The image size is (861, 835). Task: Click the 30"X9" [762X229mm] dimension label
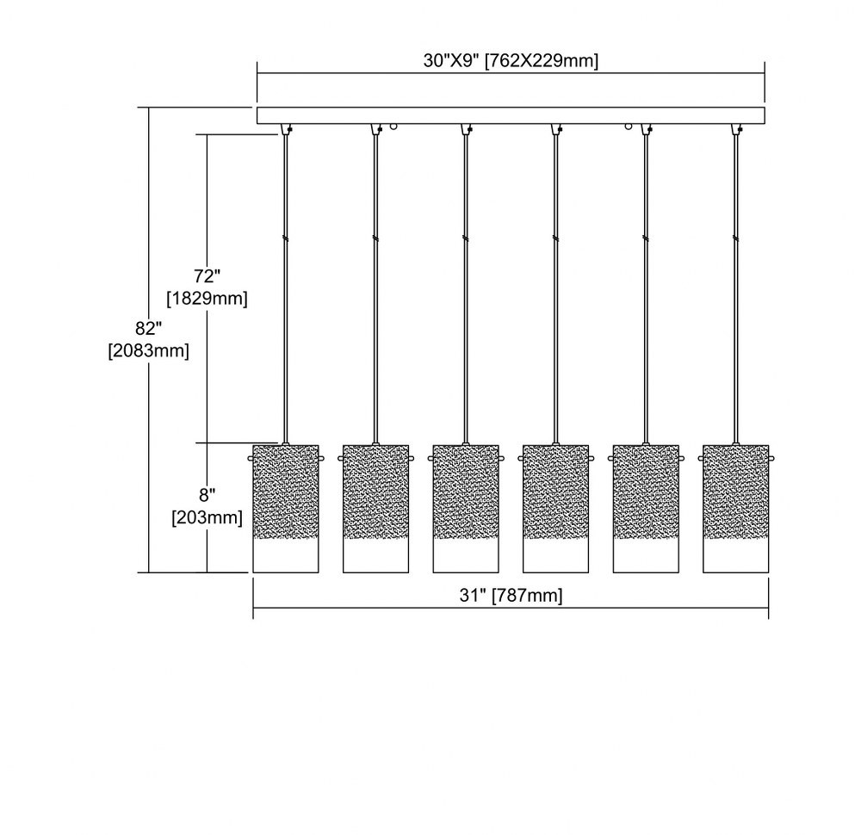click(511, 61)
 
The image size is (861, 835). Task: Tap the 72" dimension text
click(207, 276)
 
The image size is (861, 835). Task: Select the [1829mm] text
click(207, 299)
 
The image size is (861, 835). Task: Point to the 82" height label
click(149, 328)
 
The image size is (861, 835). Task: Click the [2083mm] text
click(149, 351)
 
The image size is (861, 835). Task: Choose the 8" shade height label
click(207, 496)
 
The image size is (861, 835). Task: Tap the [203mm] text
click(207, 517)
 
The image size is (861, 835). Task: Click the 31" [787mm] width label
click(511, 596)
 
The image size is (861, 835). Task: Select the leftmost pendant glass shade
click(286, 509)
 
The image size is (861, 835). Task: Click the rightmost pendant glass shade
click(736, 509)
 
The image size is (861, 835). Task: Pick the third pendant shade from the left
click(466, 509)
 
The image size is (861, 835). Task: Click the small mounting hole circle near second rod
click(393, 127)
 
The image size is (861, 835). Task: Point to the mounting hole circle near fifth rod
click(629, 127)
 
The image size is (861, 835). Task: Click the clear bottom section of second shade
click(375, 555)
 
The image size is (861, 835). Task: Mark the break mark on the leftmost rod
click(286, 238)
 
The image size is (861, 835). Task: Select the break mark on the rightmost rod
click(736, 238)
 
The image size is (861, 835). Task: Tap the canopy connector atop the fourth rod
click(556, 129)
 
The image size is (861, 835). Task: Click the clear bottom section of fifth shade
click(646, 555)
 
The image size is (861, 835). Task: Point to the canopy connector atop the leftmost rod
click(286, 129)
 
